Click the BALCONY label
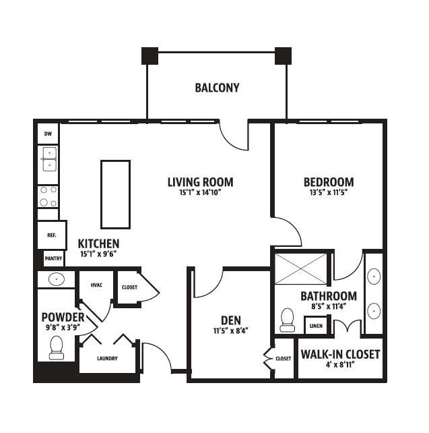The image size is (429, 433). coord(217,88)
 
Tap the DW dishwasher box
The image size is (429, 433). coord(48,134)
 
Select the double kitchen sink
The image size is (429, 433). coord(49,159)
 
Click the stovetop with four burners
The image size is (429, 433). coord(48,196)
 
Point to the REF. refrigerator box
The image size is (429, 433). coord(52,235)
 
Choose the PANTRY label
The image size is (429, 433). coord(53,258)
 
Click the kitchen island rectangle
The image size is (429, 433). coord(116,194)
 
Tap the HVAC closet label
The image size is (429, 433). coord(96,285)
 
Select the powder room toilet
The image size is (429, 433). coord(57,347)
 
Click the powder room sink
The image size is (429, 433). coord(57,279)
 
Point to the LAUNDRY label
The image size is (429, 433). coord(107,358)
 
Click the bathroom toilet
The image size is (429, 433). coord(288,320)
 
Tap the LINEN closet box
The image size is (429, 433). coord(316,326)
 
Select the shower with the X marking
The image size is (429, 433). coord(301,269)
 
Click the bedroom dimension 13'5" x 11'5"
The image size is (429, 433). coord(329,192)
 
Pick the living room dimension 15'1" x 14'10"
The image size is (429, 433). coord(201,192)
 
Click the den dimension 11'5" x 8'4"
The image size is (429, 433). coord(231,330)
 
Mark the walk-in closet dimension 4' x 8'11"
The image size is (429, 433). coord(340,364)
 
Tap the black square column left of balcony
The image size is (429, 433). coord(150,56)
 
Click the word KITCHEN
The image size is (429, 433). coord(99,244)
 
